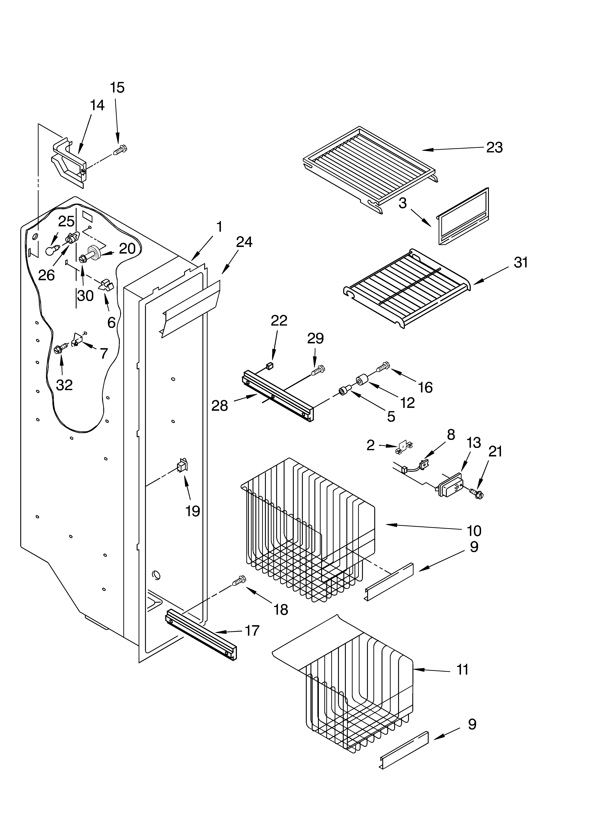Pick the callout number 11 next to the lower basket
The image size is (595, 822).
click(x=462, y=669)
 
